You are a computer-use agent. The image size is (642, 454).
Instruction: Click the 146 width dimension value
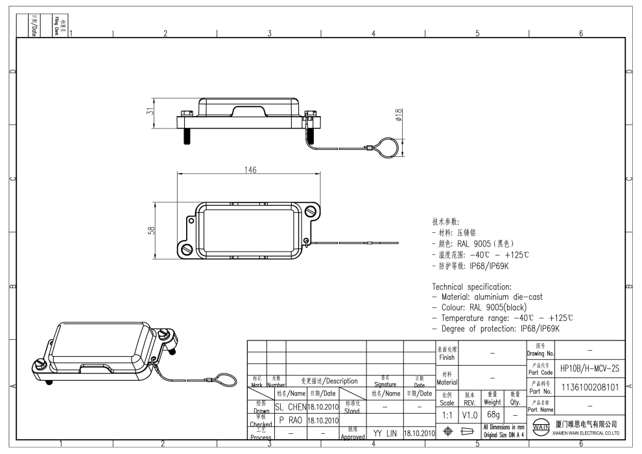(250, 170)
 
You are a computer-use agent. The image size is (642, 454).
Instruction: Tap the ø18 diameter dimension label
(398, 114)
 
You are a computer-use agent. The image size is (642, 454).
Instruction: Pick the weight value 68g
(492, 414)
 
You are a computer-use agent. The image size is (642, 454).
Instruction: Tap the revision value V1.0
(470, 414)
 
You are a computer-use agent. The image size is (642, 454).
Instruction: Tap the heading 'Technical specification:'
(472, 287)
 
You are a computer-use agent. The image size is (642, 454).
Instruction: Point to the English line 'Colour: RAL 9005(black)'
(480, 307)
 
